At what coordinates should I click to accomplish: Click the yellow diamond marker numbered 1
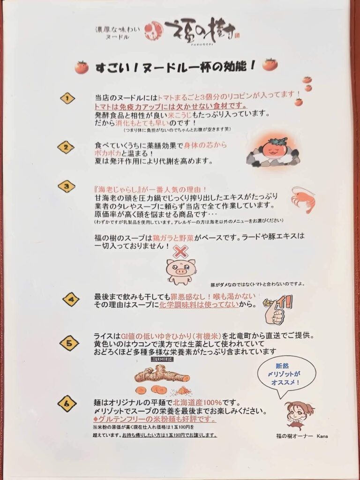click(67, 98)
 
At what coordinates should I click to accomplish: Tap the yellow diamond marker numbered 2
click(66, 147)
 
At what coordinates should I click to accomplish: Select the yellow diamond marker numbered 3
click(67, 186)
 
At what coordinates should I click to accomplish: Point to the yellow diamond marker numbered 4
click(71, 299)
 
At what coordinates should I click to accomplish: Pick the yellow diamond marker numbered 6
click(67, 404)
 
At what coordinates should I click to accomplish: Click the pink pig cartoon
click(180, 271)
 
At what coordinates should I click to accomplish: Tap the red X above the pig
click(180, 252)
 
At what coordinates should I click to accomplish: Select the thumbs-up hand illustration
click(277, 310)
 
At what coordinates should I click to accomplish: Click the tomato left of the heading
click(82, 67)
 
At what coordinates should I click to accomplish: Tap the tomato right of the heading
click(270, 64)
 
